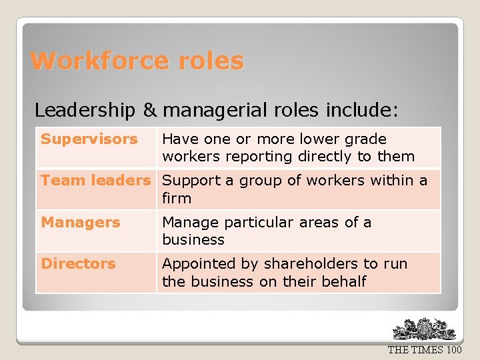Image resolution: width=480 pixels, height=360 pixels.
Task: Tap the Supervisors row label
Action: pos(89,139)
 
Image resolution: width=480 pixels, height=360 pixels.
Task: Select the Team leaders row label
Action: pos(95,181)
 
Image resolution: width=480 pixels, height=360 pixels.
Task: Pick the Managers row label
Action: pos(81,222)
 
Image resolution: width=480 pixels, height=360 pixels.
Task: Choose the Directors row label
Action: pos(78,263)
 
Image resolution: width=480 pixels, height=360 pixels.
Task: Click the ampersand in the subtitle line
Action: pos(150,109)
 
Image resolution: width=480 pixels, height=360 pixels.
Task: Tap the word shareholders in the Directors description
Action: pos(303,263)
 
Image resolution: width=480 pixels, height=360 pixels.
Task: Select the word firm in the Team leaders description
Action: pos(176,198)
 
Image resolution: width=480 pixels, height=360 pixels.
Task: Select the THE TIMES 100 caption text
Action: pos(424,350)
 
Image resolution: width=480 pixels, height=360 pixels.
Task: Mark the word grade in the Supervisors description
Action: pos(366,139)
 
